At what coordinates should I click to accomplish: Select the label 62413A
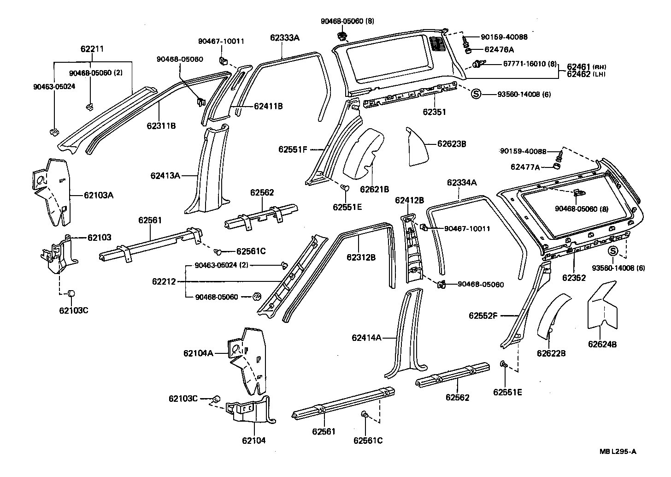click(x=165, y=175)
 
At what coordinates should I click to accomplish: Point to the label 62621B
click(x=374, y=189)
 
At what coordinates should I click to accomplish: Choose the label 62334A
click(x=461, y=183)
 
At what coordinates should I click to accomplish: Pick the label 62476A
click(x=499, y=49)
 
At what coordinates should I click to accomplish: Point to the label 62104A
click(x=198, y=353)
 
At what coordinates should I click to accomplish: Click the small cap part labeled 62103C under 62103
click(x=71, y=293)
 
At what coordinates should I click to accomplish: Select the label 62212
click(x=164, y=281)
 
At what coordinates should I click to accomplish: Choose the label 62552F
click(x=483, y=316)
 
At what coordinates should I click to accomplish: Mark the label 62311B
click(x=161, y=125)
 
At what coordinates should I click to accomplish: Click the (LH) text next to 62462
click(x=599, y=74)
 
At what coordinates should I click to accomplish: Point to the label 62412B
click(x=409, y=200)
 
